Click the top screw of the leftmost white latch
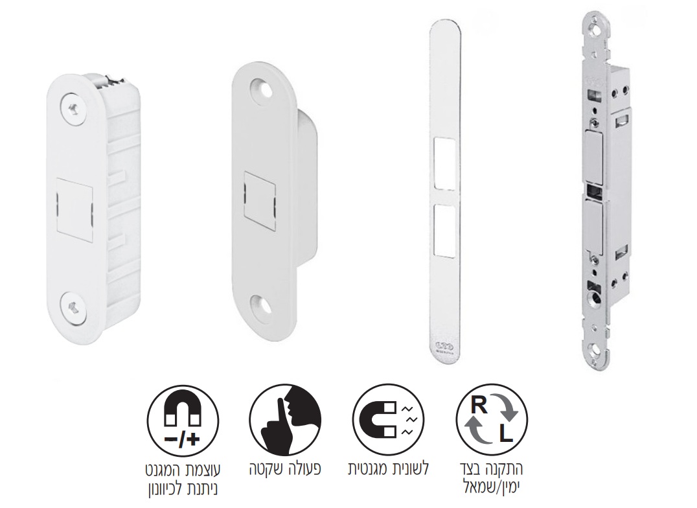coord(73,107)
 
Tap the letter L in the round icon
coord(506,433)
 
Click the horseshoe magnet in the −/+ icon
coord(183,408)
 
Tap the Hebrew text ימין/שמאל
coord(492,486)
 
